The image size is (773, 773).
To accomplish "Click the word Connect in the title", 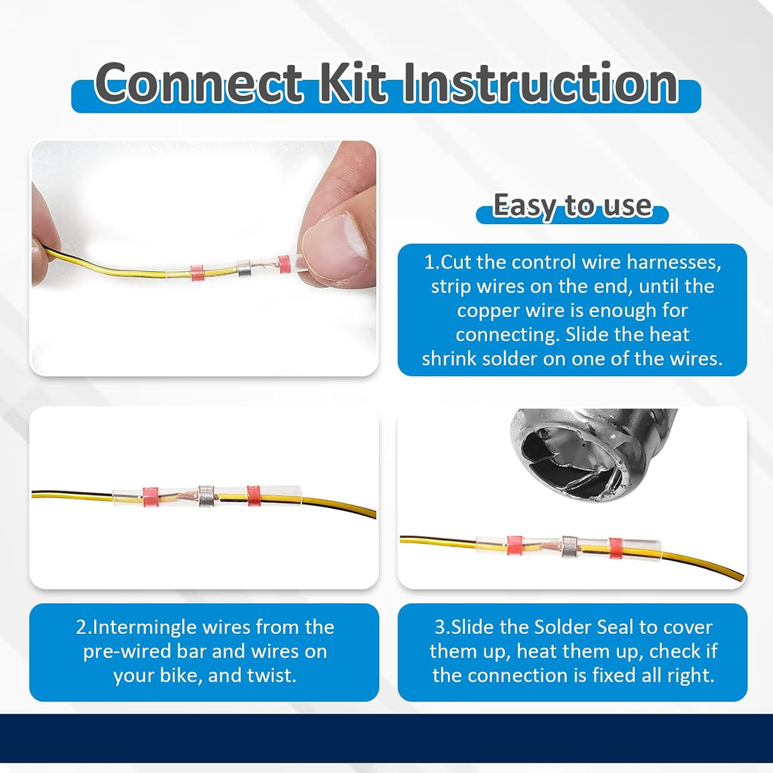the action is click(x=199, y=83).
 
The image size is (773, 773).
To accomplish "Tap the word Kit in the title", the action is click(x=353, y=83).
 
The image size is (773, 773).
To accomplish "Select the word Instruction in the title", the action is click(x=540, y=83).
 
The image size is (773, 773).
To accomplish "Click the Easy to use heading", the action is click(x=572, y=205).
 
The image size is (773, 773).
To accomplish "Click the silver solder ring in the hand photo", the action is click(x=245, y=268).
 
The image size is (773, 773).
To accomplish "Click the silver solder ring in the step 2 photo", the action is click(x=206, y=497).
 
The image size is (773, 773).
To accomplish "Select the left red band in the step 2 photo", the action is click(x=150, y=497).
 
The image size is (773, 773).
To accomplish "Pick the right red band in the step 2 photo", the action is click(x=254, y=496).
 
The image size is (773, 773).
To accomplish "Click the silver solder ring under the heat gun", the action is click(x=569, y=547).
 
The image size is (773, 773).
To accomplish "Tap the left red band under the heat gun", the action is click(x=515, y=546).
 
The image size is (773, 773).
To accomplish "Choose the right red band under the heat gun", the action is click(x=616, y=548).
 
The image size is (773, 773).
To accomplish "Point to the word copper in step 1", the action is click(x=488, y=310).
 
